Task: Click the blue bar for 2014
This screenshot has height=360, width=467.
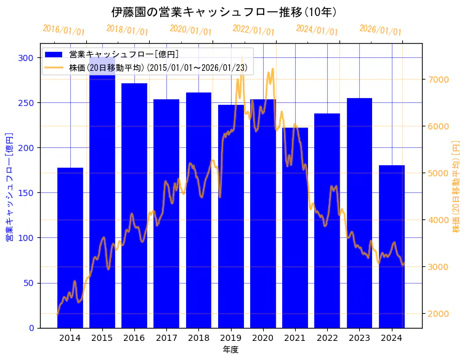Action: tap(70, 247)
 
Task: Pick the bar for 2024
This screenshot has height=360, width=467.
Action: tap(391, 246)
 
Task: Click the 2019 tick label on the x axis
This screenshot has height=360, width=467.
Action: tap(230, 338)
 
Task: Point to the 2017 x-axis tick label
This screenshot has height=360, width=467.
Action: tap(166, 338)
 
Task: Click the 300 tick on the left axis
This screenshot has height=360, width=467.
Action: tap(26, 58)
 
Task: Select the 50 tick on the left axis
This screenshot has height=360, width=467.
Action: tap(28, 283)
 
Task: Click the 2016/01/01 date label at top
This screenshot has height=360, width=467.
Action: tap(63, 30)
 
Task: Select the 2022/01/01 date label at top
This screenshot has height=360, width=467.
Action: tap(253, 30)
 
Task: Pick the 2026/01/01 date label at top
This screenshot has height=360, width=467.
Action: tap(380, 30)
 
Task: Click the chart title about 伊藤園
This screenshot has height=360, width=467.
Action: tap(224, 12)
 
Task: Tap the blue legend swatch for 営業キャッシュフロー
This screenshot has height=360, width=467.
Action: tap(54, 54)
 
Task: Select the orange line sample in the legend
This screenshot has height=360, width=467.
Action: tap(54, 67)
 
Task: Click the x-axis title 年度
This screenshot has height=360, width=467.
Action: tap(230, 350)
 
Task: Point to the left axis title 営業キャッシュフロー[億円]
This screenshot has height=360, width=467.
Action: tap(10, 186)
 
